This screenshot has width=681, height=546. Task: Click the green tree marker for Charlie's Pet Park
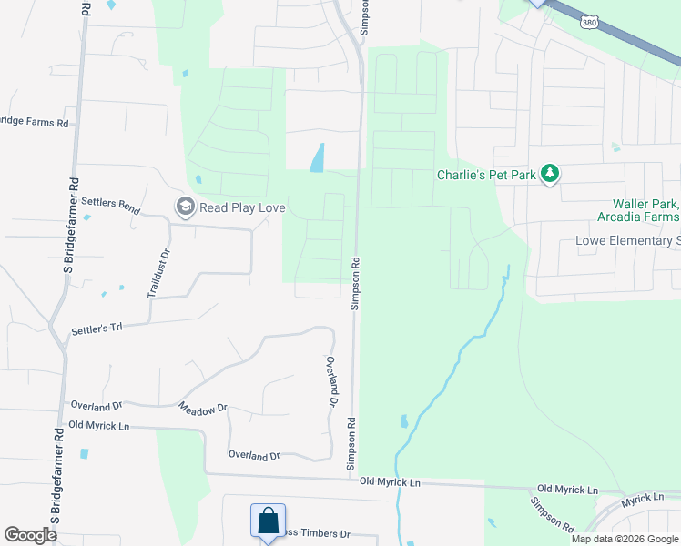point(549,173)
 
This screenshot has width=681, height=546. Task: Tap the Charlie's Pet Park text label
point(486,174)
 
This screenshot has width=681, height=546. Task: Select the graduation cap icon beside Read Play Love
point(186,207)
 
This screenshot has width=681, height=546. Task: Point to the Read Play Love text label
point(243,207)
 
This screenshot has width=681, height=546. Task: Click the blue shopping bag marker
point(268,522)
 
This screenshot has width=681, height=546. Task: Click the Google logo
point(30,535)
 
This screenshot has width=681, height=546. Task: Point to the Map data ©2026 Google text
point(624,539)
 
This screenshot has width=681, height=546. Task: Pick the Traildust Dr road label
point(158,274)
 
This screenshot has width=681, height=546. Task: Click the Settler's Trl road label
point(96,328)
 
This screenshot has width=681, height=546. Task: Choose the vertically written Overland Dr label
point(331,380)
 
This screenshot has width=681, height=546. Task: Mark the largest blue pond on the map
point(318,158)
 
